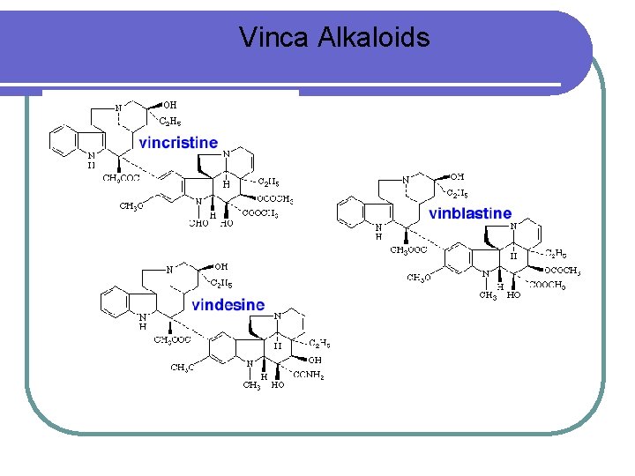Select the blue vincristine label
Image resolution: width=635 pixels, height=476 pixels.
click(x=178, y=142)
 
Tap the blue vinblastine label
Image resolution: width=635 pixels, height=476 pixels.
click(x=469, y=213)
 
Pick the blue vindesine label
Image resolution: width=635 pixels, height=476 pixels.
click(x=228, y=305)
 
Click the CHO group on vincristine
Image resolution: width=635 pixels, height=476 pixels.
click(x=199, y=224)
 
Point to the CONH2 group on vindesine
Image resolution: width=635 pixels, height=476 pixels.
click(x=309, y=376)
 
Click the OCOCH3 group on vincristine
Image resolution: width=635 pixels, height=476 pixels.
click(x=274, y=200)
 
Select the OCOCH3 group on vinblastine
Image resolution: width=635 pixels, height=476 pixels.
click(x=562, y=271)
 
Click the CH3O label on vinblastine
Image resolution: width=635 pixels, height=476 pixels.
click(x=418, y=279)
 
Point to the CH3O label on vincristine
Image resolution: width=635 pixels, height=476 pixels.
click(x=131, y=207)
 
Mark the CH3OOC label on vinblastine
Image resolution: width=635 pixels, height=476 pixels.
click(x=409, y=250)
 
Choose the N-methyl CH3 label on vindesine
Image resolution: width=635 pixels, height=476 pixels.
click(x=251, y=385)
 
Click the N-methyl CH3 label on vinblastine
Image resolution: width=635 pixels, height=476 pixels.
click(x=488, y=296)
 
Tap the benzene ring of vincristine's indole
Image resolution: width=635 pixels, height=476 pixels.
click(x=64, y=140)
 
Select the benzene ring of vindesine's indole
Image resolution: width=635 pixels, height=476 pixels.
click(x=116, y=301)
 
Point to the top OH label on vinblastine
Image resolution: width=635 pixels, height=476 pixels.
click(x=457, y=177)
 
